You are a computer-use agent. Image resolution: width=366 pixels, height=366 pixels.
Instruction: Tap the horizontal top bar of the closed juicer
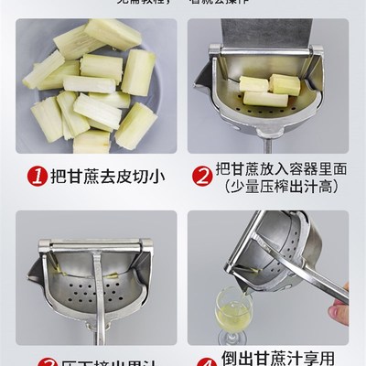point(91,245)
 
